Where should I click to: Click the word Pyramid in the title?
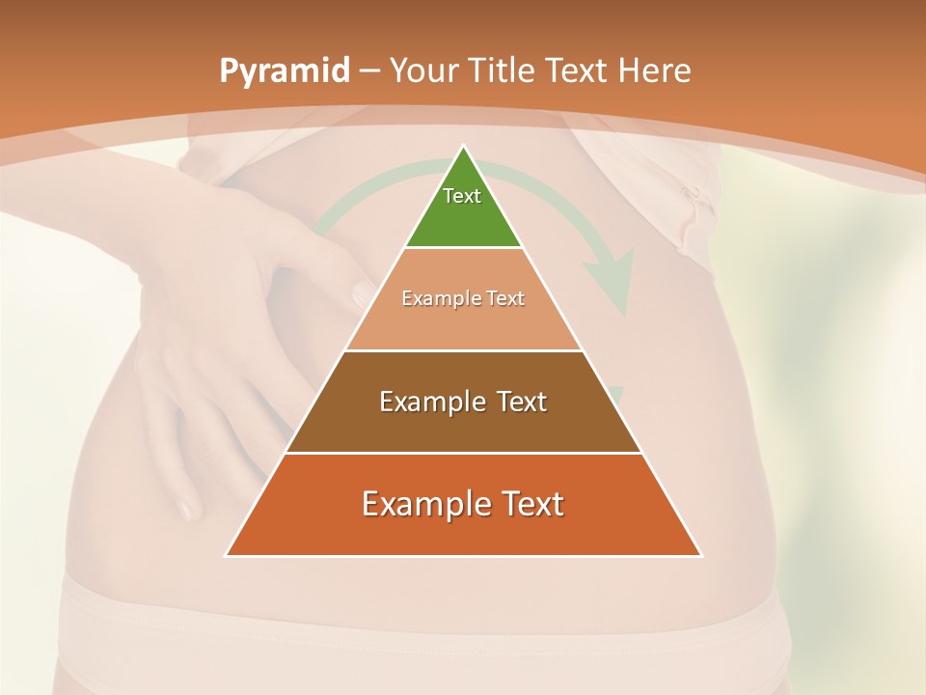coord(285,71)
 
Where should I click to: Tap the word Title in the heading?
coord(504,71)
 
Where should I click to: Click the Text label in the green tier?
coord(462,196)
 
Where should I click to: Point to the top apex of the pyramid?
coord(464,148)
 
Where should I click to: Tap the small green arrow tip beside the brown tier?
coord(615,395)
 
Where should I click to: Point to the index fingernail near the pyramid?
coord(361,292)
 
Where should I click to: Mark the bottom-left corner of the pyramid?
coord(227,555)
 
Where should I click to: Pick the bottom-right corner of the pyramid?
coord(701,555)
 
